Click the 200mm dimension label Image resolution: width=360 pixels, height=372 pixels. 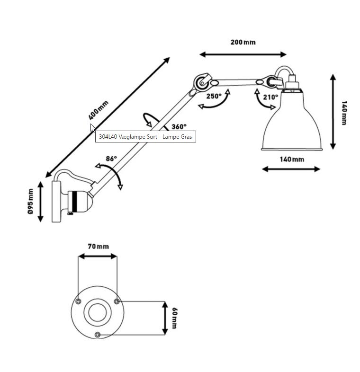[243, 42]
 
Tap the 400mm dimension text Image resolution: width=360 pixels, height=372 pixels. [99, 110]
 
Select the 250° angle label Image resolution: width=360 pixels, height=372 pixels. [214, 96]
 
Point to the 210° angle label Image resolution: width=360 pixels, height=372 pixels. [270, 97]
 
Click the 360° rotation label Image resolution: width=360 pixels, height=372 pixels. [179, 127]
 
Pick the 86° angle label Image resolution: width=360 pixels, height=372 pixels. [111, 159]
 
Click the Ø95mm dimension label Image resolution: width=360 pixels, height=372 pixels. [31, 202]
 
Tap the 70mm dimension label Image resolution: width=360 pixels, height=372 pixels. [99, 247]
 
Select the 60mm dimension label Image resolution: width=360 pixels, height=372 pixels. [174, 318]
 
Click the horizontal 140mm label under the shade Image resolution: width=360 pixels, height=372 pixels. [292, 159]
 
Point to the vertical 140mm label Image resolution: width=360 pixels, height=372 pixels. [344, 113]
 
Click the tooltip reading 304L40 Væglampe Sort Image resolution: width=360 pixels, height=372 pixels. [145, 137]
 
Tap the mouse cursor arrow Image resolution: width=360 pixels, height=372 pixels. [93, 128]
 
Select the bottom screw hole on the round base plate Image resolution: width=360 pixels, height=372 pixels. [97, 335]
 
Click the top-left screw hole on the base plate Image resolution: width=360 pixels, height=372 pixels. [78, 301]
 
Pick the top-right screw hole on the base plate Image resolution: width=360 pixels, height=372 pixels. [117, 301]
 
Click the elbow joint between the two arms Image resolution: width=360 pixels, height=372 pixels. [202, 82]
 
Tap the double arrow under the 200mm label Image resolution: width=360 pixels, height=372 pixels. [243, 54]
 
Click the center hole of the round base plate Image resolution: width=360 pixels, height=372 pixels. [98, 312]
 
